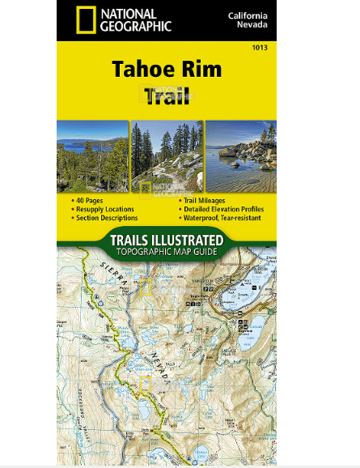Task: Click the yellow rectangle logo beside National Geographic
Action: [83, 19]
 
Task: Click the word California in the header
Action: [250, 15]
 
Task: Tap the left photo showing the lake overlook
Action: [92, 156]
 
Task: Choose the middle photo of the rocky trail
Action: [167, 156]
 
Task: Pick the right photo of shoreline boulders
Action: [240, 156]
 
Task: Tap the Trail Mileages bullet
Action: [203, 200]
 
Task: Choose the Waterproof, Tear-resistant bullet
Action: [221, 218]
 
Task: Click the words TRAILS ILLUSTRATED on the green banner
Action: [167, 240]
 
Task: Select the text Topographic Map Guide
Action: [167, 252]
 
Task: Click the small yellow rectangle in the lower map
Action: [146, 385]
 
